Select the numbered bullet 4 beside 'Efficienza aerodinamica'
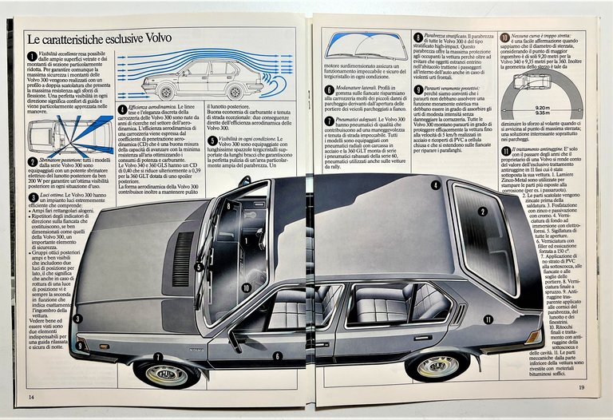pyautogui.click(x=121, y=109)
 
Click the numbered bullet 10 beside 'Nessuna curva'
pyautogui.click(x=504, y=38)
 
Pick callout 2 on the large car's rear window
pyautogui.click(x=482, y=212)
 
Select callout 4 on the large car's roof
pyautogui.click(x=435, y=185)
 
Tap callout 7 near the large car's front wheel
pyautogui.click(x=158, y=357)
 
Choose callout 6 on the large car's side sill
pyautogui.click(x=277, y=356)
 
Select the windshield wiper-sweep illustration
pyautogui.click(x=366, y=48)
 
